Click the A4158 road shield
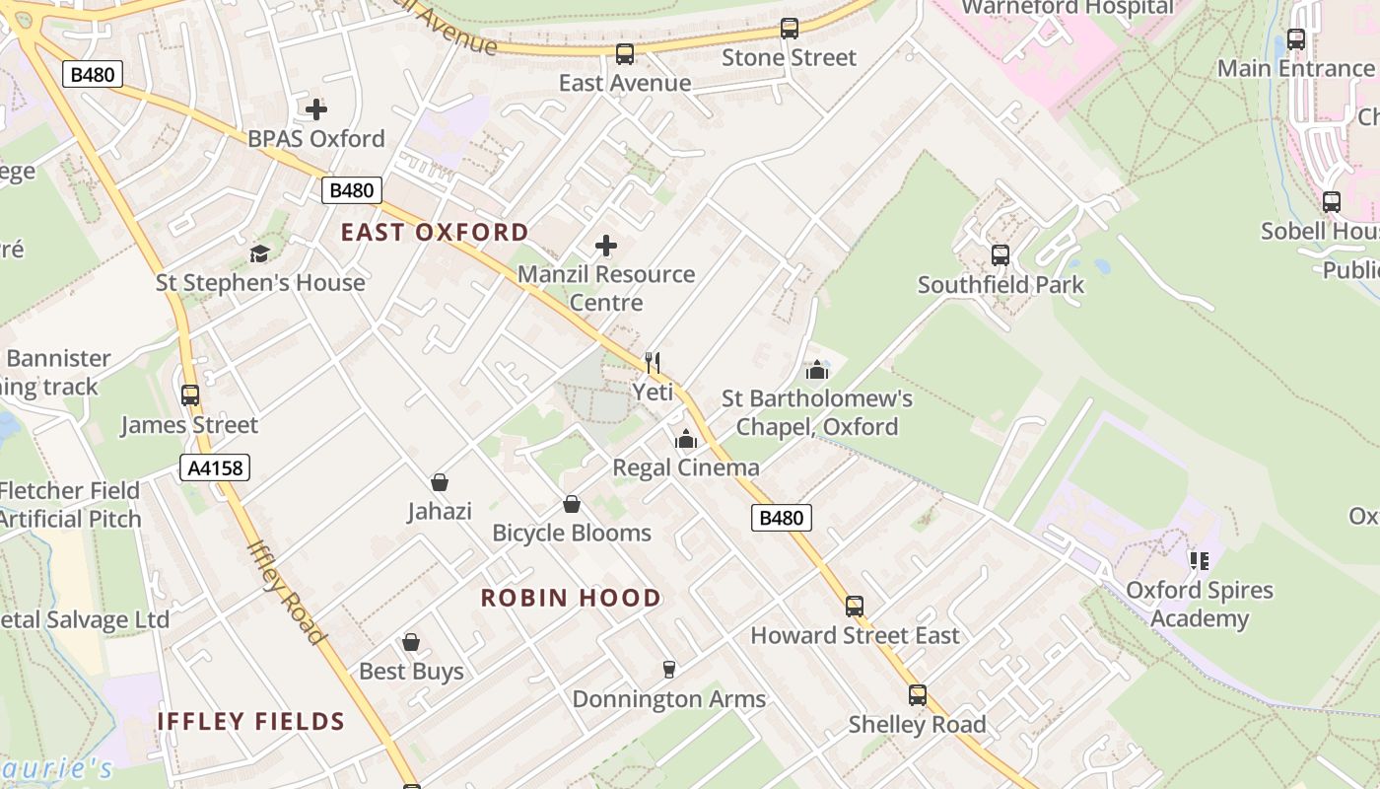click(x=216, y=467)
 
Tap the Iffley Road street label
click(x=286, y=592)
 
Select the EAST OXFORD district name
click(x=435, y=233)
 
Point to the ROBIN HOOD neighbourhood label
click(x=571, y=598)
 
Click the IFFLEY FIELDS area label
click(x=251, y=722)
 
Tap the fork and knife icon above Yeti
click(x=652, y=362)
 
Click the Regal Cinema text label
click(x=686, y=467)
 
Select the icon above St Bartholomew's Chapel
click(x=816, y=370)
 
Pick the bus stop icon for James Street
click(x=190, y=395)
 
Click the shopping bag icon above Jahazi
click(x=440, y=482)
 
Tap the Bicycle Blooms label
click(x=572, y=534)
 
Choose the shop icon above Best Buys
click(x=411, y=642)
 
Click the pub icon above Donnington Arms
click(x=669, y=670)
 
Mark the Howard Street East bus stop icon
click(x=855, y=606)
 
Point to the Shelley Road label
click(x=917, y=725)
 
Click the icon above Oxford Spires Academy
click(x=1200, y=561)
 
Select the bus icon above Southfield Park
click(x=1000, y=255)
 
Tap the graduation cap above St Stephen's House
click(x=259, y=254)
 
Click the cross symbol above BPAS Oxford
click(x=316, y=109)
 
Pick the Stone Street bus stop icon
click(x=790, y=29)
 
